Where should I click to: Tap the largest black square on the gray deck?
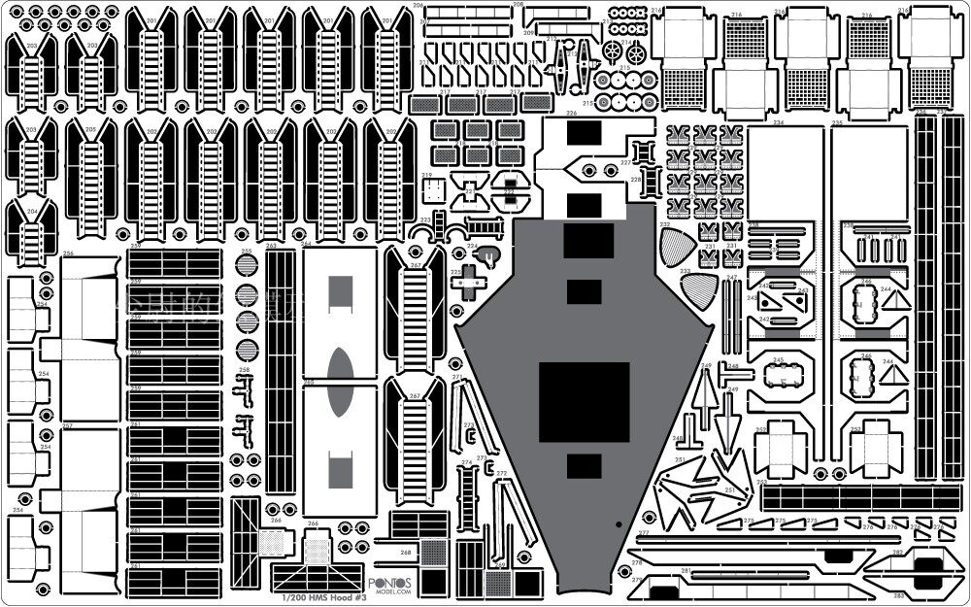pyautogui.click(x=584, y=398)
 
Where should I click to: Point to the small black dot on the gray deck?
pyautogui.click(x=619, y=523)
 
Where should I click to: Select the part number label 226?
pyautogui.click(x=572, y=113)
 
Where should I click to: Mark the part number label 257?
pyautogui.click(x=67, y=425)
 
